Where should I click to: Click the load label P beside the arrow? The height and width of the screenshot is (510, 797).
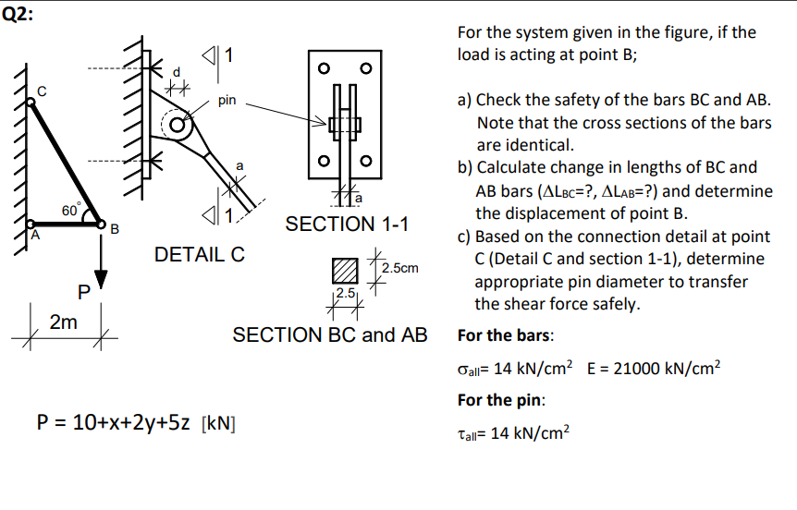pos(83,293)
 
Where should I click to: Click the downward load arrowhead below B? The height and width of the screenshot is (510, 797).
pos(102,280)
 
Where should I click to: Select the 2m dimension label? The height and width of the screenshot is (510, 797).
pos(63,322)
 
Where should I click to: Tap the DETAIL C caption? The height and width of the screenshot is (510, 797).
pos(199,254)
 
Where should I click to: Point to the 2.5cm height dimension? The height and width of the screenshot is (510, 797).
pos(399,268)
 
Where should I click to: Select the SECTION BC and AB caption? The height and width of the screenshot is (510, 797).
pos(330,334)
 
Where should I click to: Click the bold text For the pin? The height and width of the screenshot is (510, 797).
pos(501,400)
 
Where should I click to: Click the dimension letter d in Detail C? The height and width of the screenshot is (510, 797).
pos(178,72)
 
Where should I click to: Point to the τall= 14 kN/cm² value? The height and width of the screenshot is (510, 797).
pos(514,431)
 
